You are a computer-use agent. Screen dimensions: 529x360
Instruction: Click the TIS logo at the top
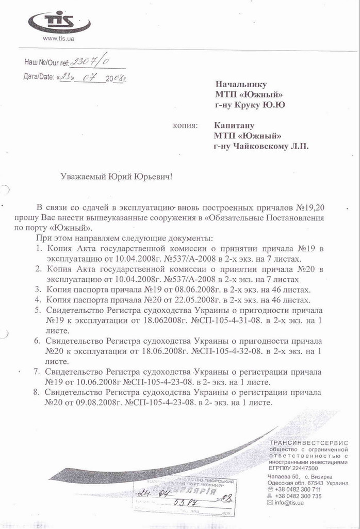pos(59,22)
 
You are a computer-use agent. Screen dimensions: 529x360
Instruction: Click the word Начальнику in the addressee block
pos(241,84)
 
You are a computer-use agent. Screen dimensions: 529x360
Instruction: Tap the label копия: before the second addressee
pos(186,125)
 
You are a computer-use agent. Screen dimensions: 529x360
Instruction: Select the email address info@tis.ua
pos(289,503)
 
